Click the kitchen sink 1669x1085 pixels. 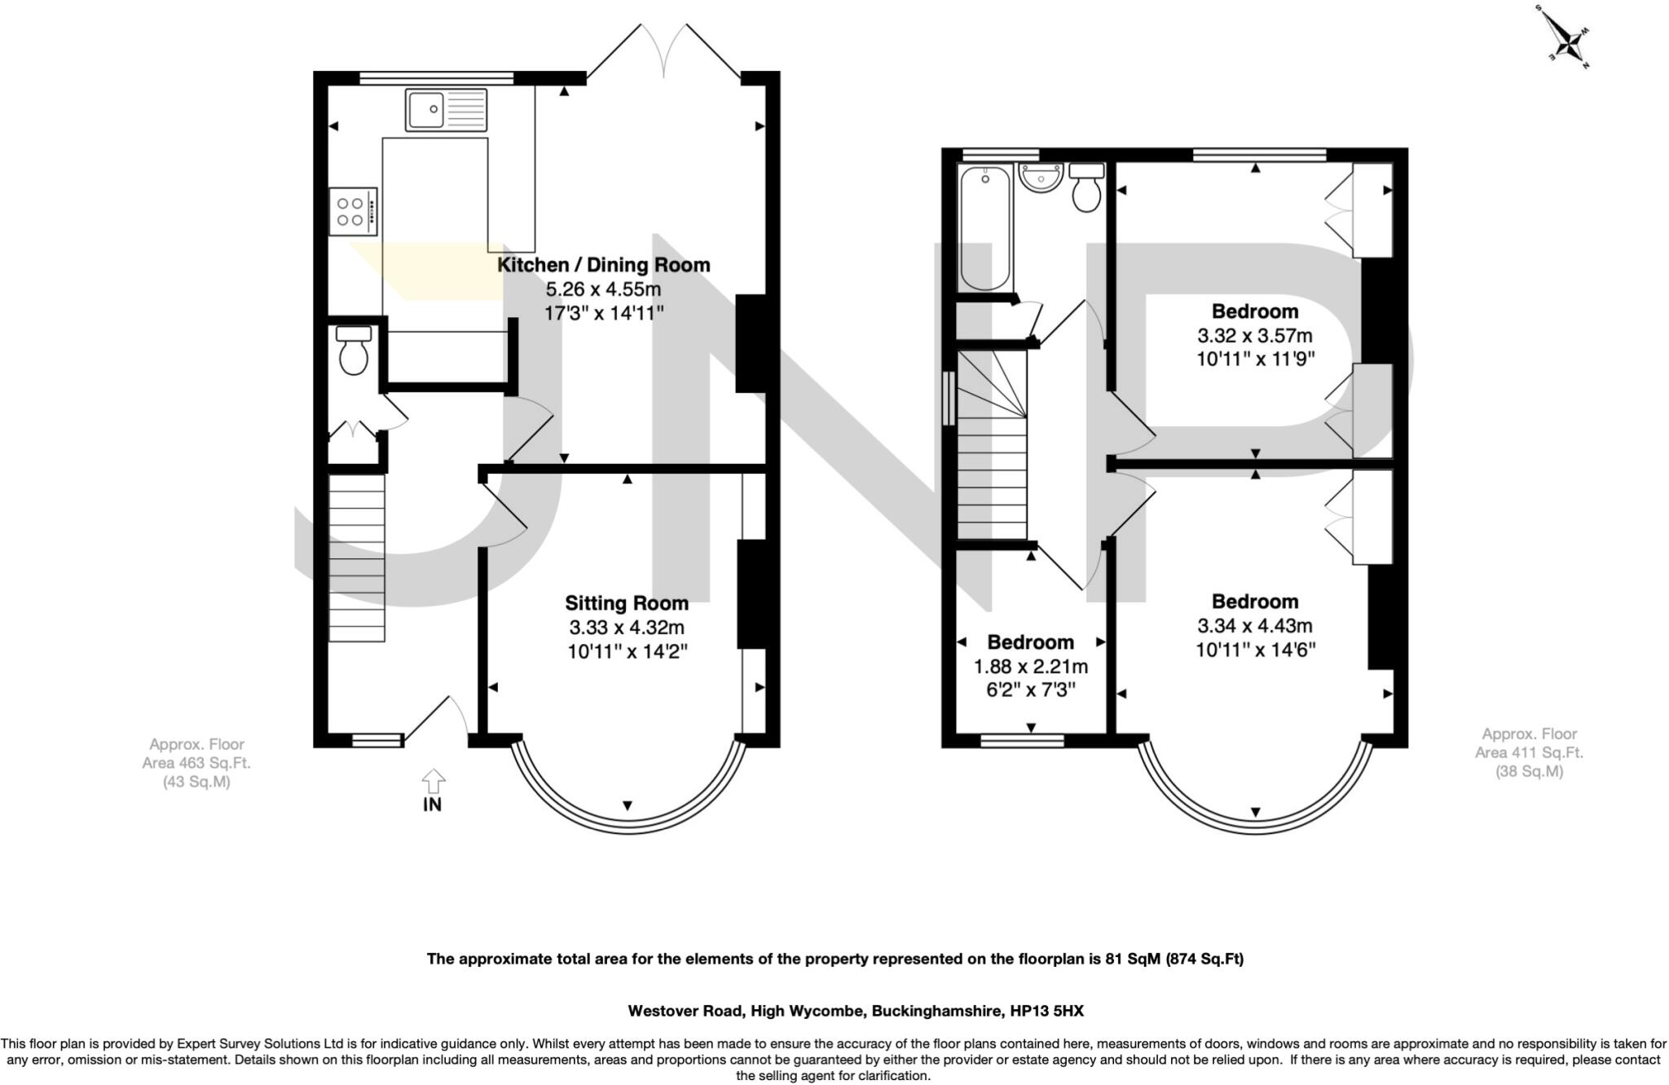pos(447,110)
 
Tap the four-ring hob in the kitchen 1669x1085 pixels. pos(354,212)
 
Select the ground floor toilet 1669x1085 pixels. pos(353,351)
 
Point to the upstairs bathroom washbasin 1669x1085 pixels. pos(1041,178)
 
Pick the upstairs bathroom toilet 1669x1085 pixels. pos(1086,187)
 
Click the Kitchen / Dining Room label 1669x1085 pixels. pos(604,265)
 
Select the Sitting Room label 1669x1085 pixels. pos(627,603)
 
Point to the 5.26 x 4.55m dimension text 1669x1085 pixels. pos(603,289)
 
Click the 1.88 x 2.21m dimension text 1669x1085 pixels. pos(1031,667)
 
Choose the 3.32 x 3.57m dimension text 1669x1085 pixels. pos(1255,336)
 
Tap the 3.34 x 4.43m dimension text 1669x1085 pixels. pos(1255,626)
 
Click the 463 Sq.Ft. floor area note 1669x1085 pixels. pos(196,764)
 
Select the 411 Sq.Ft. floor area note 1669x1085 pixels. pos(1529,753)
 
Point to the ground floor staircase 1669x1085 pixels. pos(356,558)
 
